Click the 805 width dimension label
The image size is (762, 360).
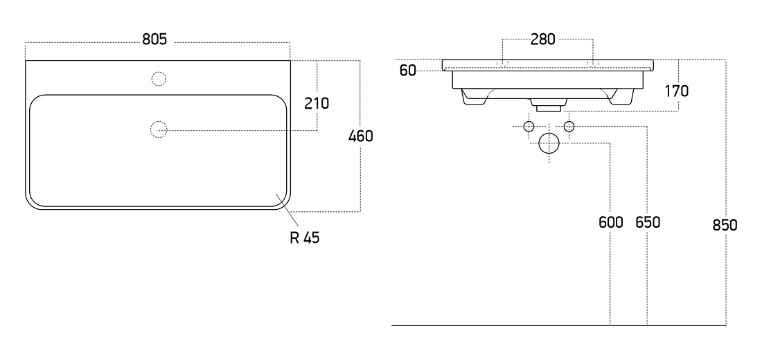[154, 39]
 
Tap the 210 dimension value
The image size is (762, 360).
[317, 103]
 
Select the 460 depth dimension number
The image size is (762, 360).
[361, 136]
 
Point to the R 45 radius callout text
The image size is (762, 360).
[305, 237]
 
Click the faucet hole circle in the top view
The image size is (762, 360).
[159, 79]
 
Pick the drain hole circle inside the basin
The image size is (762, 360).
[159, 129]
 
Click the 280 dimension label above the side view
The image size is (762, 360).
[542, 39]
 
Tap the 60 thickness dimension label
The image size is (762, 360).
[408, 71]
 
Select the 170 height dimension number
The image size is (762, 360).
[677, 91]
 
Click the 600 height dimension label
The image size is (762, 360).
[610, 222]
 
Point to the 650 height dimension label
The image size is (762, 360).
[648, 222]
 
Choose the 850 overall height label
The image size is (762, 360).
[725, 226]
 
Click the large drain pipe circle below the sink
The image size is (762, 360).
[549, 143]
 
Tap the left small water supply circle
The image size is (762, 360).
[529, 127]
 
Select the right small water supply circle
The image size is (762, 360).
[569, 127]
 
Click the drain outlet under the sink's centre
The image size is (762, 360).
[549, 103]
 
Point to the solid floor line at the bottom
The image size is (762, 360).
[559, 325]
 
